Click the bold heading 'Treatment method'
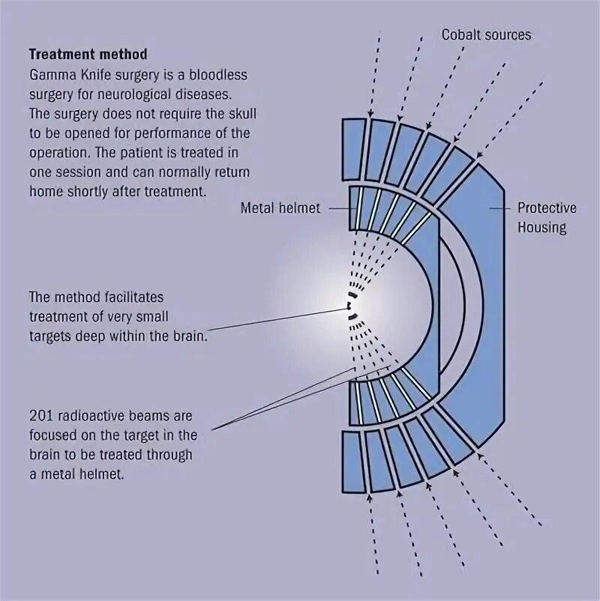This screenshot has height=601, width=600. [88, 55]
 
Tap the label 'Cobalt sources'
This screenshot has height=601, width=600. [486, 34]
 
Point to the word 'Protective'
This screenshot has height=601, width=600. [547, 208]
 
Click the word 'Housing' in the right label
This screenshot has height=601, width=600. [541, 226]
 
